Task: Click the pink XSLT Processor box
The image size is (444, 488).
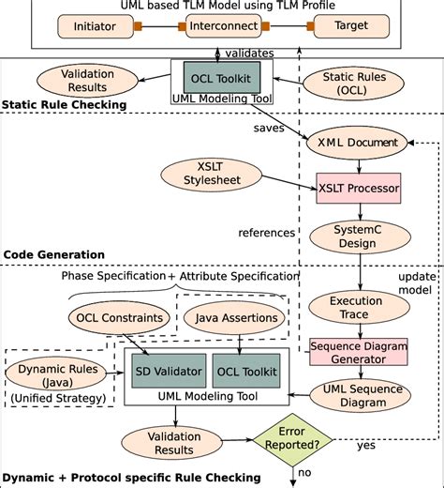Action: point(359,189)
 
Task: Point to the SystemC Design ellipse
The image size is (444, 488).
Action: point(358,235)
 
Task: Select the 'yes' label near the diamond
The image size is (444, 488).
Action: point(367,445)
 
